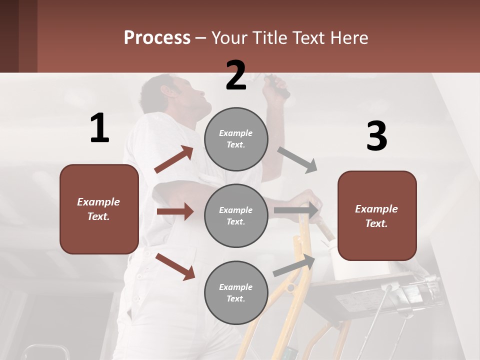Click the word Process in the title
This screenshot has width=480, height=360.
pos(157,38)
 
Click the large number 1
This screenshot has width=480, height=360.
pos(99,128)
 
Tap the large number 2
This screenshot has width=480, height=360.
pos(236,75)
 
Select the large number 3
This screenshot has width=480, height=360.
pos(376,136)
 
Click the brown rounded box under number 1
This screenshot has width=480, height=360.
pos(99,209)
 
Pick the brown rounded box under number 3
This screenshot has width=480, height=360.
pos(377,216)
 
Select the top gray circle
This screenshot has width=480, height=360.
pos(236,139)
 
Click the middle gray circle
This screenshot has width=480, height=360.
pos(236,215)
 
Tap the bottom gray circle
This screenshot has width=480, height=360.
pos(236,292)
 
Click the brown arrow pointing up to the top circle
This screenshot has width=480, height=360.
pos(174,159)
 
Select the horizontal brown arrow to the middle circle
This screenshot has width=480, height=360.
pos(175,211)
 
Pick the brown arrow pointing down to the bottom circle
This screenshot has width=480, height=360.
pos(175,266)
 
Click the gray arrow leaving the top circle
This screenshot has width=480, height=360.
pos(297,160)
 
